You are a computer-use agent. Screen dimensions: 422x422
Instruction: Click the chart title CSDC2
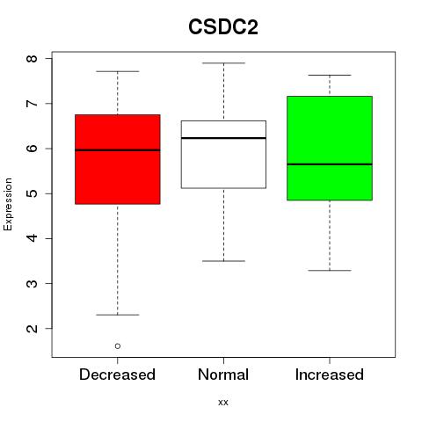(x=223, y=27)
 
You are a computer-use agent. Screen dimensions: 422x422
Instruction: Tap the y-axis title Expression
(x=8, y=204)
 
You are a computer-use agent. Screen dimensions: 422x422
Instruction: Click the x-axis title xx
(x=223, y=402)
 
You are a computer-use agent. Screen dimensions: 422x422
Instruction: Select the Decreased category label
(x=117, y=375)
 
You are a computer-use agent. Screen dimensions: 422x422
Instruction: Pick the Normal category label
(x=223, y=375)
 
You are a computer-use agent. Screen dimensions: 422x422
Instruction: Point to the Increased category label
(x=330, y=375)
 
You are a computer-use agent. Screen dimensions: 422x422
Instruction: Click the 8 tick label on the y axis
(x=33, y=59)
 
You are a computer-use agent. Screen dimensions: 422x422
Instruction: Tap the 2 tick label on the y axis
(x=33, y=328)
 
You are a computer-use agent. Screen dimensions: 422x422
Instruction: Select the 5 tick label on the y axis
(x=33, y=193)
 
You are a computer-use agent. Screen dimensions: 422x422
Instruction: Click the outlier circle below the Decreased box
(x=118, y=346)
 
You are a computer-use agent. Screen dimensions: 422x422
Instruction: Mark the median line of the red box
(x=118, y=150)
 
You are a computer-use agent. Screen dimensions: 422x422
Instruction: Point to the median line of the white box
(x=223, y=138)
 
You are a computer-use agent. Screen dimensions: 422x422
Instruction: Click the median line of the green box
(x=330, y=164)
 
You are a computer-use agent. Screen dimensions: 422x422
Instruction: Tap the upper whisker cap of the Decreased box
(x=118, y=71)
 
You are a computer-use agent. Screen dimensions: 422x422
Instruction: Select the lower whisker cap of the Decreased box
(x=118, y=315)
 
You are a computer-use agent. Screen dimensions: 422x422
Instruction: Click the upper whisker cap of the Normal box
(x=223, y=63)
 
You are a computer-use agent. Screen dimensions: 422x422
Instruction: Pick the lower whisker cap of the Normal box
(x=223, y=261)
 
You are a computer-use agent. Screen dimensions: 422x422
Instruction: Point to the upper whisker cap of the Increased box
(x=330, y=75)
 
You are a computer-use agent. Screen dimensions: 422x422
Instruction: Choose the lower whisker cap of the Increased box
(x=330, y=270)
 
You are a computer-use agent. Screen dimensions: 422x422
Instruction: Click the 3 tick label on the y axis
(x=33, y=283)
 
